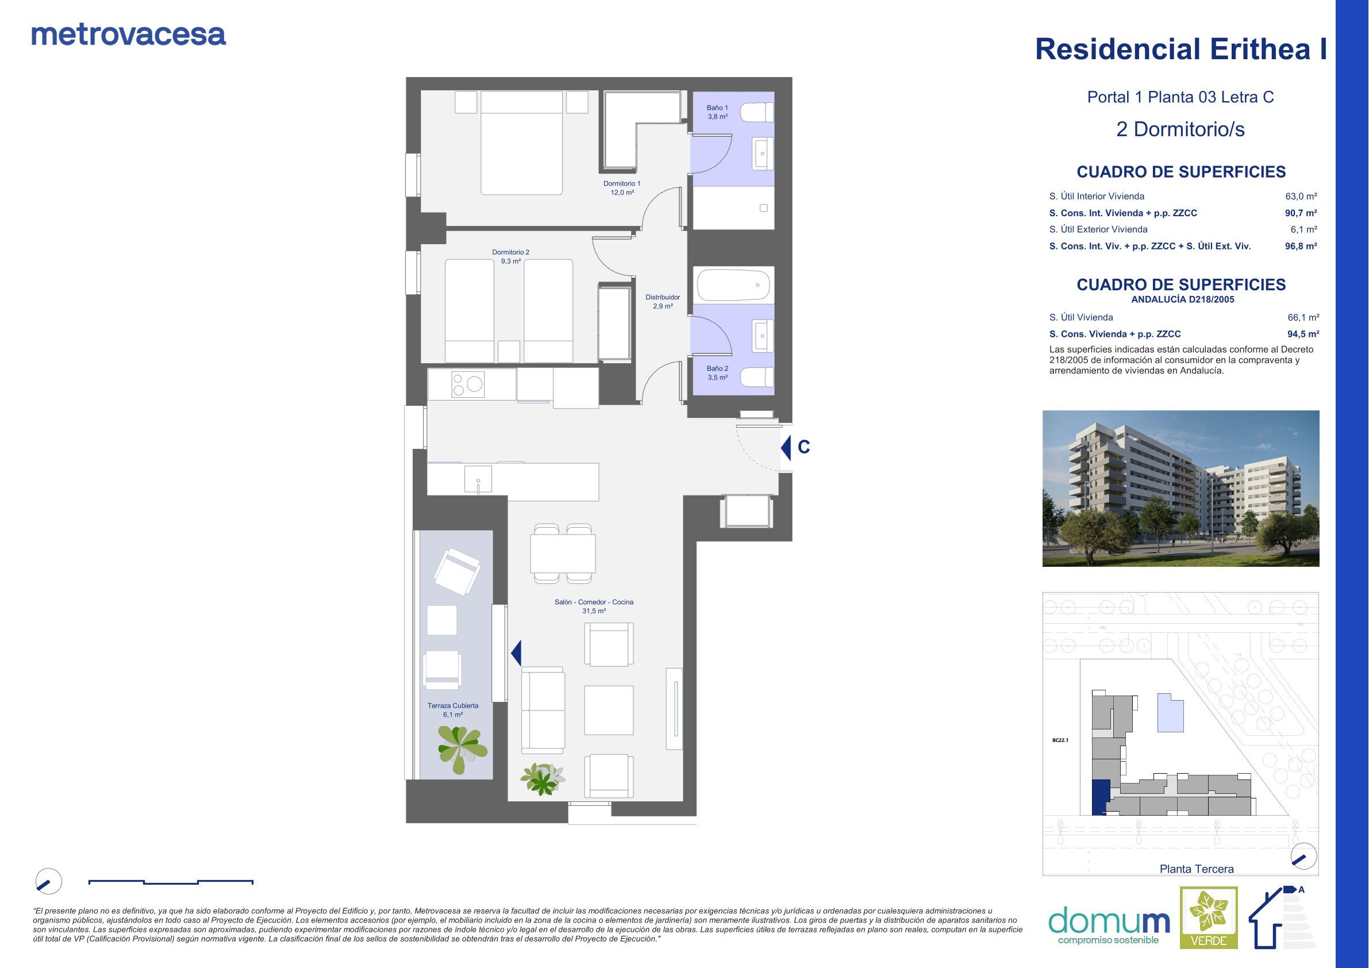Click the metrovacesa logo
point(129,35)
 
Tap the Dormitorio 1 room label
point(622,188)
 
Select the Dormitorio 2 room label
point(510,256)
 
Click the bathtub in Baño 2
point(733,285)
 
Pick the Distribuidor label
point(663,301)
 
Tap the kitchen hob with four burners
point(467,383)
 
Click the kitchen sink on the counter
point(478,479)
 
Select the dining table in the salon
point(563,554)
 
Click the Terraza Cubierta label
point(453,710)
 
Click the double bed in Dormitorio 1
point(522,143)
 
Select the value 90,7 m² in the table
point(1301,213)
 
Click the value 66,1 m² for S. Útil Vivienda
point(1303,317)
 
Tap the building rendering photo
point(1180,489)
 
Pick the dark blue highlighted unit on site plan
point(1101,797)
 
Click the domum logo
point(1109,925)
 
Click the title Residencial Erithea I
point(1181,49)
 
